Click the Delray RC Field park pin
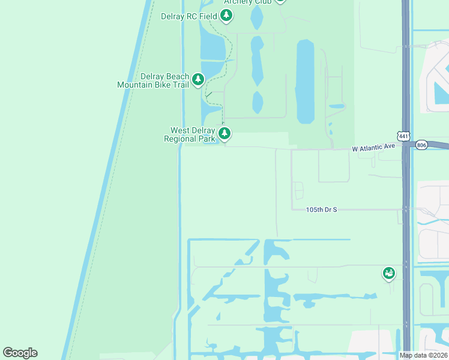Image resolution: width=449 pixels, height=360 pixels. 226,15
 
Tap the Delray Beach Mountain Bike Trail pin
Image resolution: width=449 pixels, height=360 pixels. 197,79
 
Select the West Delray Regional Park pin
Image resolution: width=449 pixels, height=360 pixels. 224,133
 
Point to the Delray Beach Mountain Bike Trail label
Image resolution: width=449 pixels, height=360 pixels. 153,80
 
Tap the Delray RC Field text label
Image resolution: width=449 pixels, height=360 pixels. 188,16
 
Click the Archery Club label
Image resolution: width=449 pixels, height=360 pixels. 247,2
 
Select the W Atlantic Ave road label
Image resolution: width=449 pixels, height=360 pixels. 373,147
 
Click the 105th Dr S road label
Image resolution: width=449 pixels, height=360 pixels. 321,209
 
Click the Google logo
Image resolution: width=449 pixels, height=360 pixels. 20,353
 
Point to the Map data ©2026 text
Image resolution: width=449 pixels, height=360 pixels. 423,355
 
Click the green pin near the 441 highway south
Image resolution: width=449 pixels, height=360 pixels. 388,274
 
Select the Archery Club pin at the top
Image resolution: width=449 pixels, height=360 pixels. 279,1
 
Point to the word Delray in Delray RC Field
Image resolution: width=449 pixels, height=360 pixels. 173,16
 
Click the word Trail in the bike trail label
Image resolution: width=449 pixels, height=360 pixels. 179,85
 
